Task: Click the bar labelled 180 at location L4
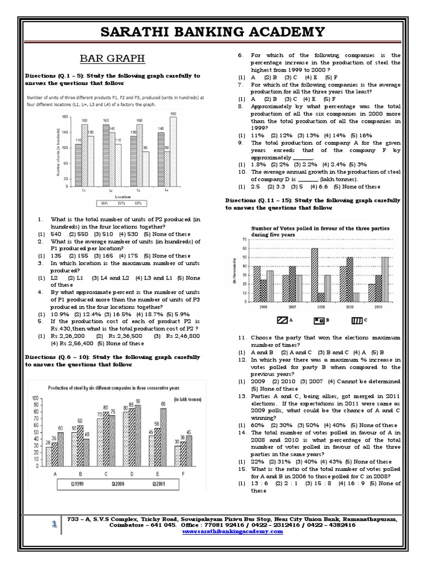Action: [x=174, y=153]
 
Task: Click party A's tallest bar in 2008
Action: [x=315, y=274]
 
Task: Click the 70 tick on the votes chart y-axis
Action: [x=243, y=239]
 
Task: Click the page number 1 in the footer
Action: [x=54, y=524]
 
